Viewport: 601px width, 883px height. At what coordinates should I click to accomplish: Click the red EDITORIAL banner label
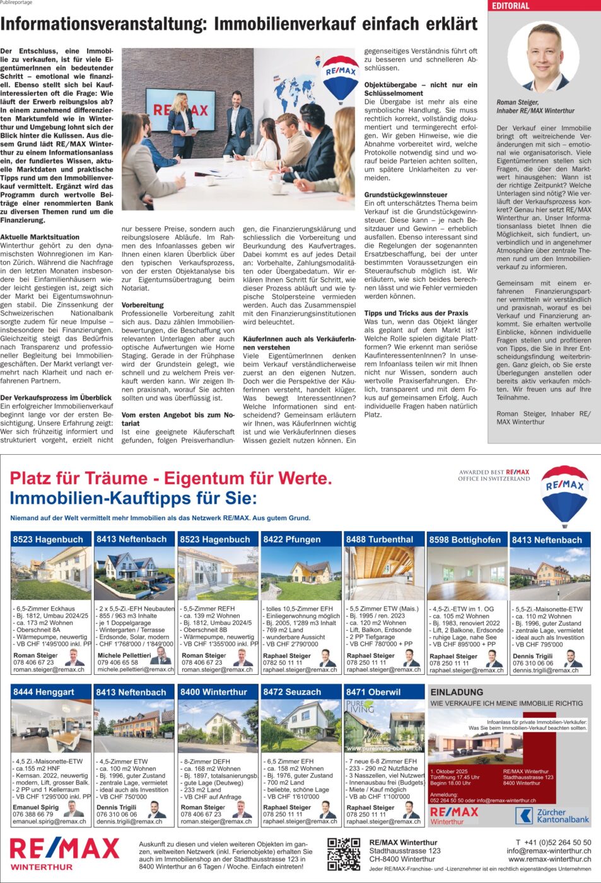(x=511, y=6)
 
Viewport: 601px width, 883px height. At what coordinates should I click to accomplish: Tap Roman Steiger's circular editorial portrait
(x=544, y=57)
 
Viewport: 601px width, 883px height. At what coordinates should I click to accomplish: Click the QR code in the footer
(x=344, y=854)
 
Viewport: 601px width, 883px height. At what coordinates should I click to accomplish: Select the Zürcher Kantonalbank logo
(x=553, y=816)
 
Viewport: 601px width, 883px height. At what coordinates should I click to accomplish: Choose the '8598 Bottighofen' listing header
(x=465, y=540)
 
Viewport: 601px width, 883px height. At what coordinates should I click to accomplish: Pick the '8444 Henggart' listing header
(x=44, y=692)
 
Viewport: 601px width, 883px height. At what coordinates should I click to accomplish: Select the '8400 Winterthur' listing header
(x=214, y=692)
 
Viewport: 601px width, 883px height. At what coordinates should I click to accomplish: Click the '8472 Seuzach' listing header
(x=292, y=692)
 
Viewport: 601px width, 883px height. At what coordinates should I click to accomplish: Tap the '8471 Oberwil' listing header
(x=373, y=692)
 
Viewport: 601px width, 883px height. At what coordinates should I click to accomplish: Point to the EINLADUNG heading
(x=457, y=692)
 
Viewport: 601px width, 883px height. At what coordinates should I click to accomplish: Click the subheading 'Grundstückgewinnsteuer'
(x=406, y=195)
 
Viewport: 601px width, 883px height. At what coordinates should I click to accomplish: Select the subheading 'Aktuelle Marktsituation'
(x=40, y=237)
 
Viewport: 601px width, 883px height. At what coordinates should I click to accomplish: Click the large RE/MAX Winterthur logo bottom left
(x=64, y=853)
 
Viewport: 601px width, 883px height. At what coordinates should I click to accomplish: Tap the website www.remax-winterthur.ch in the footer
(x=549, y=859)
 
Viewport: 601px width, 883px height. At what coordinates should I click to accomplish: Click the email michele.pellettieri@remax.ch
(x=136, y=670)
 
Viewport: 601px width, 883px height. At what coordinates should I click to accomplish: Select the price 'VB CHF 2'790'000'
(x=293, y=644)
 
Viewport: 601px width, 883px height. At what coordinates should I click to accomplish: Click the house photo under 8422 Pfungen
(x=301, y=574)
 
